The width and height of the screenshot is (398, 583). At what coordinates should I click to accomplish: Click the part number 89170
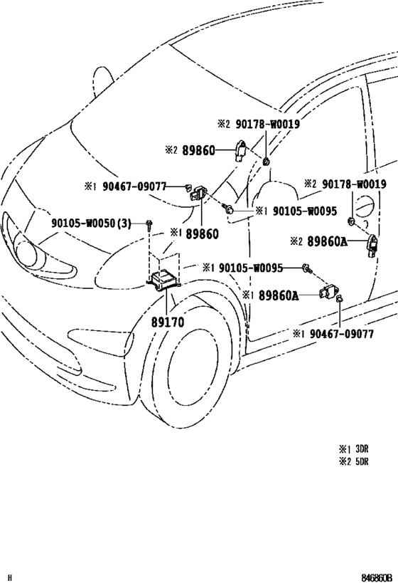[168, 322]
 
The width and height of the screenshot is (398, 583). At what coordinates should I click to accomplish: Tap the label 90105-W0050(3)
[92, 224]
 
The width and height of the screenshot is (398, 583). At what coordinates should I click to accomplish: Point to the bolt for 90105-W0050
[149, 224]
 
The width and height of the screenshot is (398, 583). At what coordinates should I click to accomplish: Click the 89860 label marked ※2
[198, 150]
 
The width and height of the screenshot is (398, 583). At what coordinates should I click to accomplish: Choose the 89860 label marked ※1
[203, 234]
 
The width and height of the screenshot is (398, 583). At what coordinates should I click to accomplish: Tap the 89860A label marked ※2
[328, 242]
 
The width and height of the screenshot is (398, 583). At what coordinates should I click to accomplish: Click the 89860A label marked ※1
[279, 295]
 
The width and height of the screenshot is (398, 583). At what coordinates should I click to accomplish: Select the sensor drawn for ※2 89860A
[372, 245]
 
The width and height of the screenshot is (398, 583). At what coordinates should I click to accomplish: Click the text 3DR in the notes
[362, 448]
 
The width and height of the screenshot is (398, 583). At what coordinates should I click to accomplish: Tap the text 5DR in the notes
[362, 461]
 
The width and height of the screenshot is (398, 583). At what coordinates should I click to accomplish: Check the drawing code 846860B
[377, 578]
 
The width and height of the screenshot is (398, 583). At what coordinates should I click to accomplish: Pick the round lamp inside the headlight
[24, 255]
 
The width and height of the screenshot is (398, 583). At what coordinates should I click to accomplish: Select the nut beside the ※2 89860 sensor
[266, 162]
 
